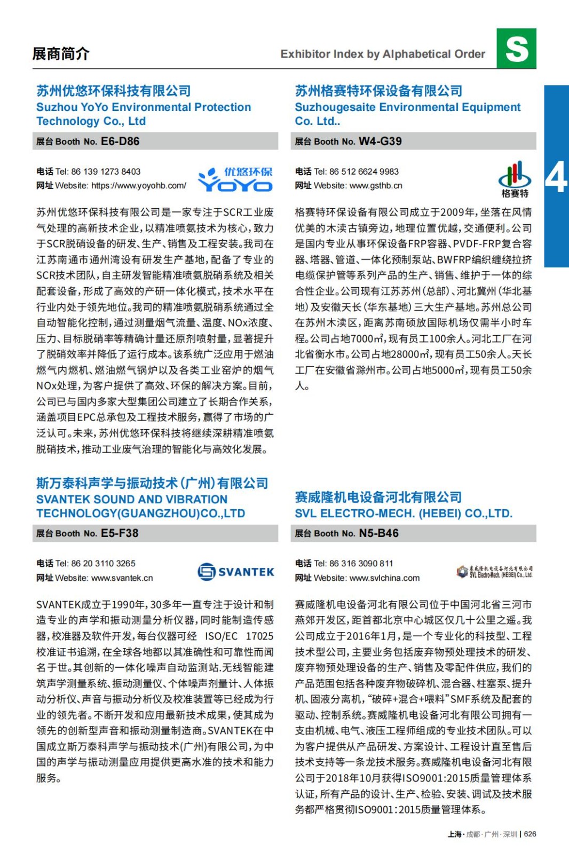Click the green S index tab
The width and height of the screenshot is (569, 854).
pyautogui.click(x=516, y=49)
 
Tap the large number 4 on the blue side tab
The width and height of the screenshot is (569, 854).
pyautogui.click(x=556, y=178)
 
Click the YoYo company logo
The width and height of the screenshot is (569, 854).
pyautogui.click(x=235, y=179)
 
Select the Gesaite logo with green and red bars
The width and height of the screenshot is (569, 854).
pyautogui.click(x=515, y=179)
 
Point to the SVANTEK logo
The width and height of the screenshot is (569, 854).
pyautogui.click(x=235, y=572)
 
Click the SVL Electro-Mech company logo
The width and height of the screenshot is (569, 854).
pyautogui.click(x=494, y=572)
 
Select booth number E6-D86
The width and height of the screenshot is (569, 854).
pyautogui.click(x=120, y=141)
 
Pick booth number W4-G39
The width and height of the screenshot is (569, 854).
pyautogui.click(x=380, y=141)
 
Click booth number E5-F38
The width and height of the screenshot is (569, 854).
pyautogui.click(x=120, y=533)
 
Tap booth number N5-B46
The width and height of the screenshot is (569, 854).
pyautogui.click(x=378, y=533)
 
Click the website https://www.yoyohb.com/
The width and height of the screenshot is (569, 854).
pyautogui.click(x=139, y=186)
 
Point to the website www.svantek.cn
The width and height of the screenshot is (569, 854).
pyautogui.click(x=122, y=578)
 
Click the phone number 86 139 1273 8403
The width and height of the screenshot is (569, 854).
pyautogui.click(x=106, y=172)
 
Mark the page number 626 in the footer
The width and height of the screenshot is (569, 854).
pyautogui.click(x=530, y=834)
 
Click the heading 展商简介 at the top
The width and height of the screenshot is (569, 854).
pyautogui.click(x=61, y=54)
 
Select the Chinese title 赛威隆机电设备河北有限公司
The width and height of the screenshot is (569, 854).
pyautogui.click(x=378, y=497)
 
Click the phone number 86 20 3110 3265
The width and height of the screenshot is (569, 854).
pyautogui.click(x=103, y=564)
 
